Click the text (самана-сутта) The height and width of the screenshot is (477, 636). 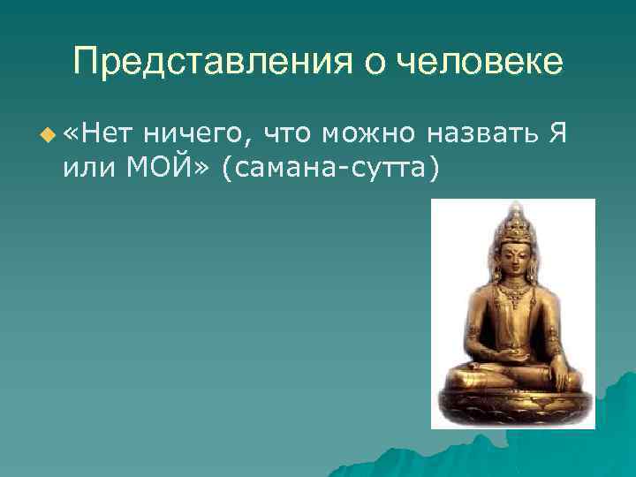(331, 168)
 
